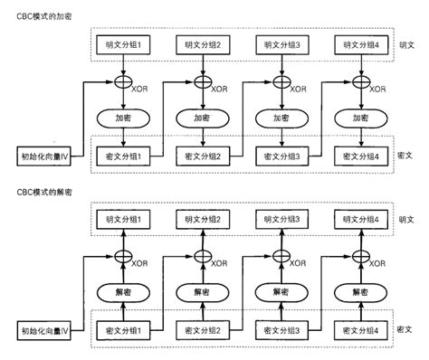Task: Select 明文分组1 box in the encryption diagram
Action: point(126,45)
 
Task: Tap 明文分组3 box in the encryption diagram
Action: point(284,45)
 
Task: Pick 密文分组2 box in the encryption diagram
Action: point(205,156)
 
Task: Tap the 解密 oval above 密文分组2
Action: point(205,291)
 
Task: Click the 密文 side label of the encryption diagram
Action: point(406,156)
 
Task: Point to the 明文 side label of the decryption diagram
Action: point(406,220)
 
